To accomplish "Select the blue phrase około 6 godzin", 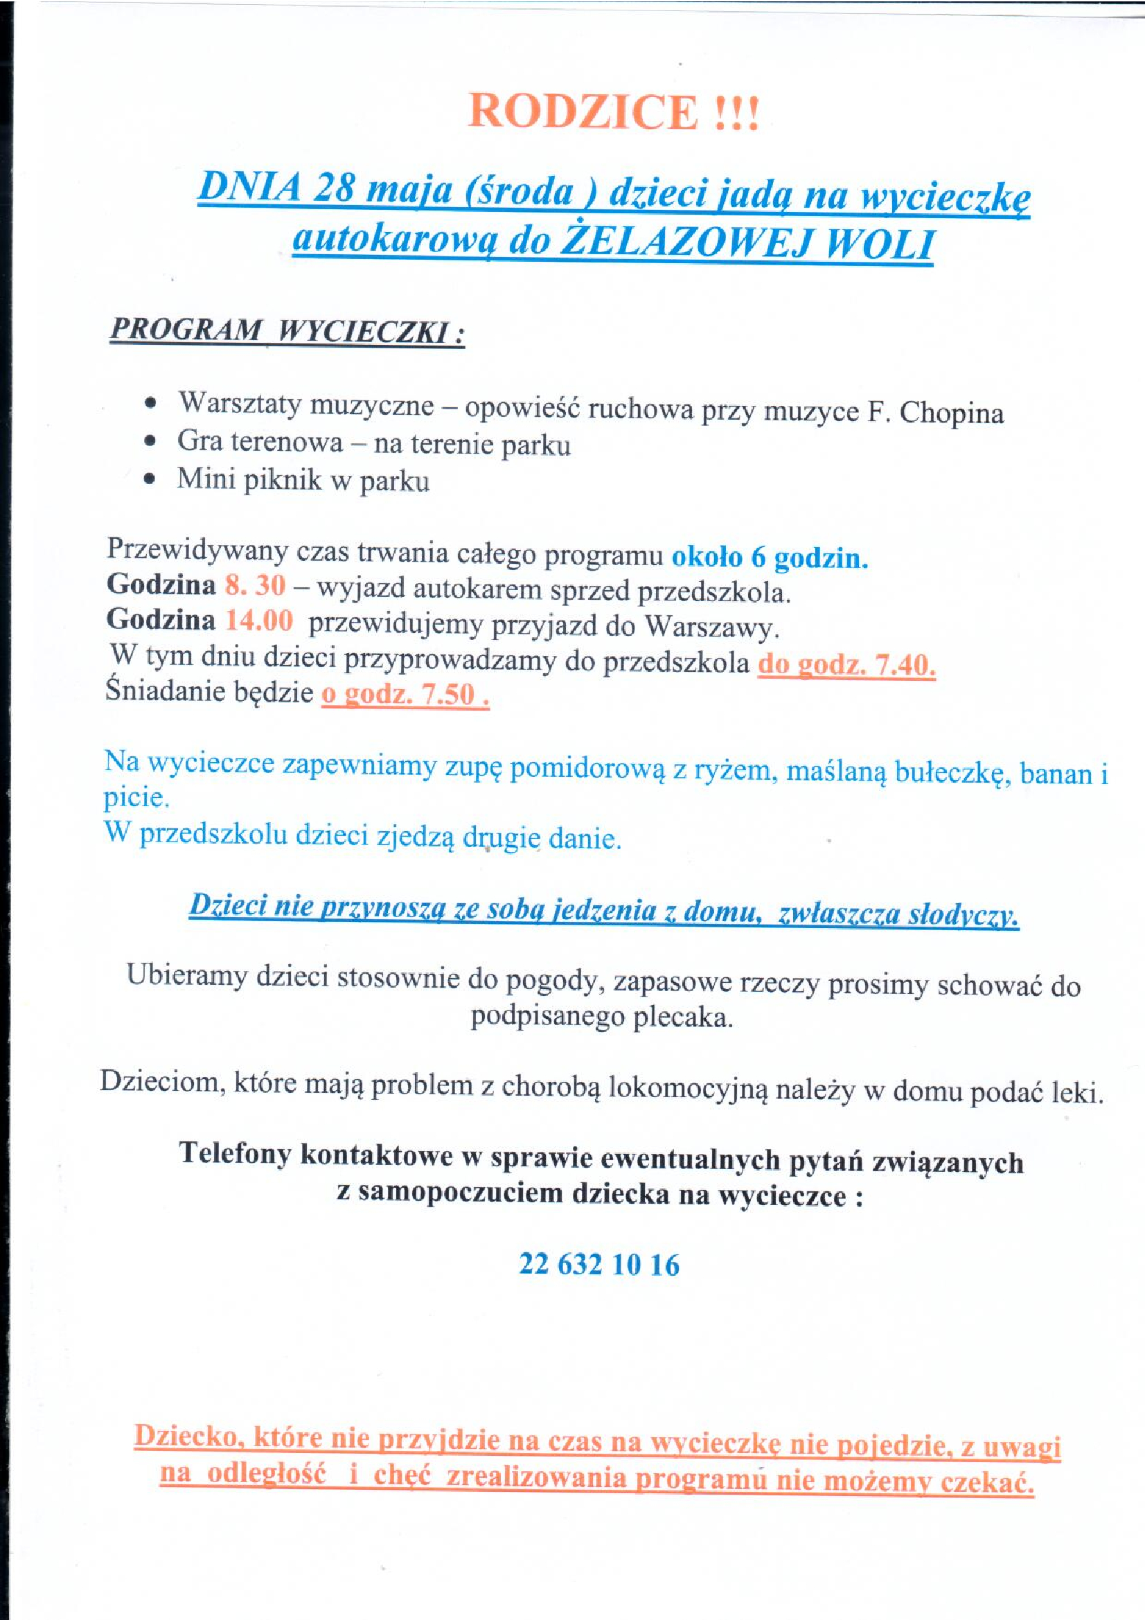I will point(769,558).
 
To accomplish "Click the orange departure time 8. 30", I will point(255,585).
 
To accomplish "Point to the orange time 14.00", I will point(258,620).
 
